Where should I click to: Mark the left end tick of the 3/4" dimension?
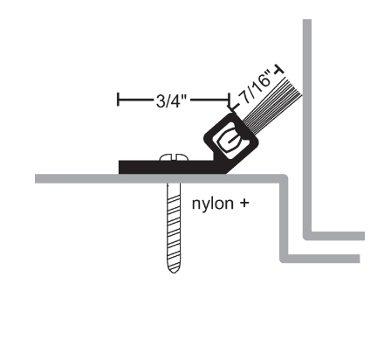point(118,100)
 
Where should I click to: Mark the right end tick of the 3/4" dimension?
point(232,100)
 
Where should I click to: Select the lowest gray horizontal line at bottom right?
point(323,259)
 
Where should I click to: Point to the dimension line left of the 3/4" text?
point(135,100)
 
